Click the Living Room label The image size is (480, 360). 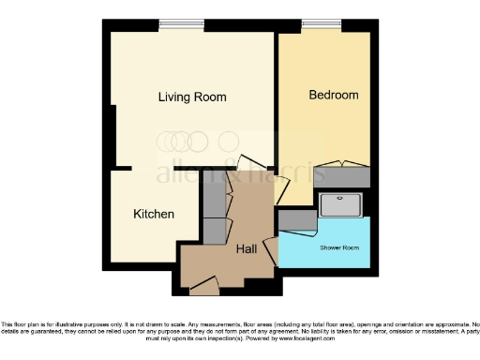pos(192,97)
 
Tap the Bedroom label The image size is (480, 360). pos(334,95)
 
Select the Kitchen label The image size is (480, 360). pos(154,214)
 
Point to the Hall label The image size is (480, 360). pos(247,248)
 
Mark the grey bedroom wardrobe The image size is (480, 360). pos(341,175)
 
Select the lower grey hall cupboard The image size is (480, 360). pos(215,230)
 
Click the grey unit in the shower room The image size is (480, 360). pos(297,219)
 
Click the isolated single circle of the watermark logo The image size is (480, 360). pos(229,142)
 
